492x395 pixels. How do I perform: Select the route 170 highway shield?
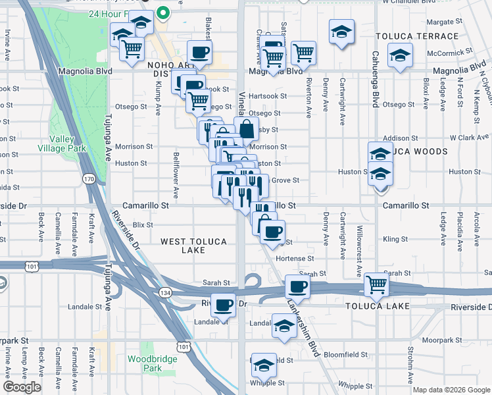tap(89, 178)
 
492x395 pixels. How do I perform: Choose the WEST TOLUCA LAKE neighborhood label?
tap(194, 242)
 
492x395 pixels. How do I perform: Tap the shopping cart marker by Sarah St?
tap(376, 284)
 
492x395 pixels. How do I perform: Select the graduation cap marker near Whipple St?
tap(263, 364)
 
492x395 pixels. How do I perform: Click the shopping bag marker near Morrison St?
tap(246, 128)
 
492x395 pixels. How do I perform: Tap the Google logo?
tap(22, 387)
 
